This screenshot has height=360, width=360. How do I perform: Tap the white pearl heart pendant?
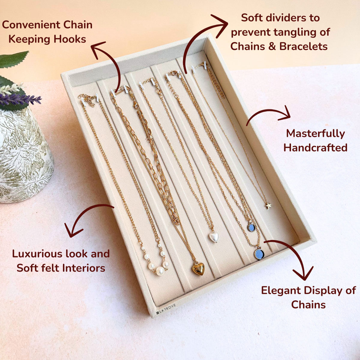tap(214, 237)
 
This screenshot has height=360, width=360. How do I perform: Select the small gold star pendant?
tap(268, 206)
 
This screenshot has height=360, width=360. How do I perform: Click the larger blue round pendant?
tap(259, 254)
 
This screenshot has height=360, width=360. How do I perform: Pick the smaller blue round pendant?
tap(251, 227)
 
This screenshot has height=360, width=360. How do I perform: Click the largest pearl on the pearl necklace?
tap(160, 271)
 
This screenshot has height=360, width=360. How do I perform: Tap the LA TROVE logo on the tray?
tap(166, 309)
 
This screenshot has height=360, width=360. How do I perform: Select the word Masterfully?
tap(316, 134)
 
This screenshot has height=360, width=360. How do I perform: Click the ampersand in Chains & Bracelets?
tap(272, 47)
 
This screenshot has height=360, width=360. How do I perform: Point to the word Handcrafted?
tap(316, 148)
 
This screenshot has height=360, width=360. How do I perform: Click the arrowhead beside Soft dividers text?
tap(220, 25)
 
